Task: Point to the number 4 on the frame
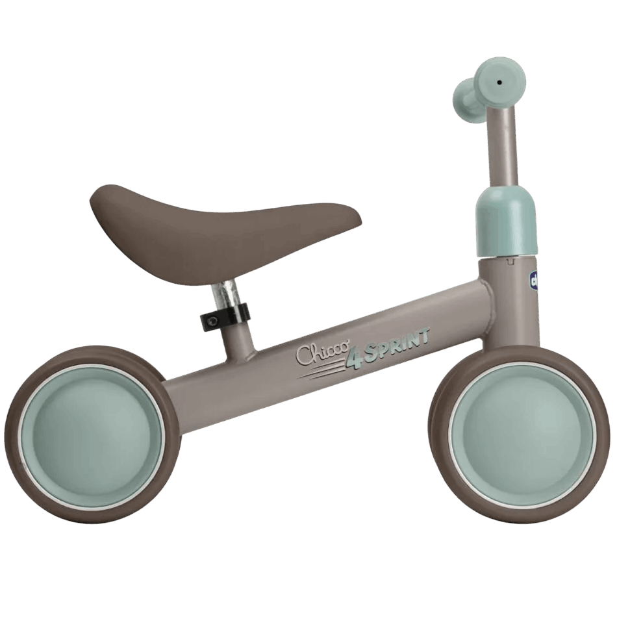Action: [x=353, y=358]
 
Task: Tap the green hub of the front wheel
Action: [x=523, y=433]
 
